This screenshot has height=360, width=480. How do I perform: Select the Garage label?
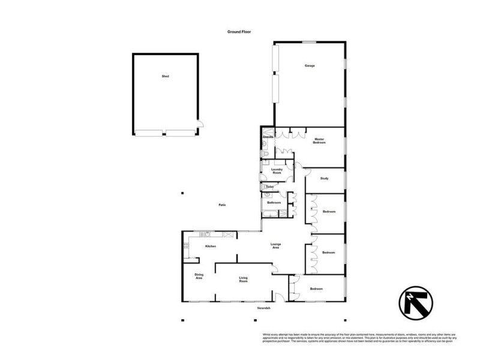click(310, 65)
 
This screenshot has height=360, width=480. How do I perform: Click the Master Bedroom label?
click(319, 142)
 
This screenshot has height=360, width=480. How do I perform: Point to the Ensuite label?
click(268, 137)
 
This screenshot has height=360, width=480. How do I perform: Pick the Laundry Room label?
click(277, 171)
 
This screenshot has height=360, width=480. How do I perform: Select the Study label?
click(324, 178)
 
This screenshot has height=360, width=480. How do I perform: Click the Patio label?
click(221, 205)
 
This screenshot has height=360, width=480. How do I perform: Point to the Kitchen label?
click(211, 247)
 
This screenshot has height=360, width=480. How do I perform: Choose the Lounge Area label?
click(275, 246)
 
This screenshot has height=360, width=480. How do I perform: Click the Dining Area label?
click(199, 277)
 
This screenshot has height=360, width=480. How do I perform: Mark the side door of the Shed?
click(201, 124)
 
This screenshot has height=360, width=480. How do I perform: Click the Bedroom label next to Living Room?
click(316, 289)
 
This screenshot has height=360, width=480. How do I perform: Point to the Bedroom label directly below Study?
click(329, 212)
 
